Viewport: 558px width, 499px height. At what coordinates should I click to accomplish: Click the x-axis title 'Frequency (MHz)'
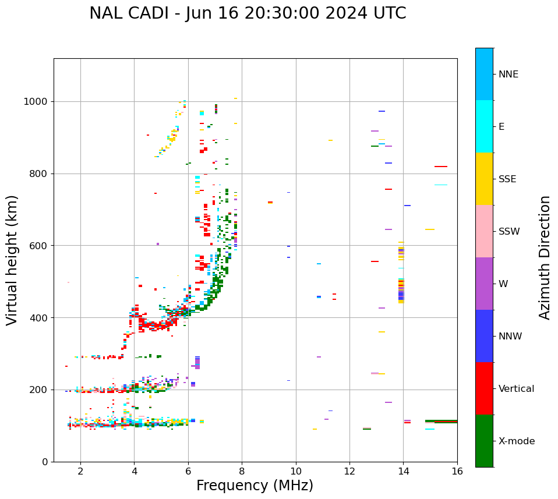coord(255,486)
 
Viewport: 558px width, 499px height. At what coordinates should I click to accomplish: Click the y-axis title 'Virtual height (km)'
coord(12,260)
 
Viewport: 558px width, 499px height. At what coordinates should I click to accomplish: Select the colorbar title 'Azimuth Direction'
coord(545,257)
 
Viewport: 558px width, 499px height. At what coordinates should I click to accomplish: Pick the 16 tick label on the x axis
coord(457,471)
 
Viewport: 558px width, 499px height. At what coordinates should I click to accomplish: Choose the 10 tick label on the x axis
coord(296,471)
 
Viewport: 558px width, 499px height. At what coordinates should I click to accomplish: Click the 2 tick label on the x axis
coord(80,471)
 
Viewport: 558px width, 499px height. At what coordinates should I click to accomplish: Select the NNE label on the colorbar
coord(508,75)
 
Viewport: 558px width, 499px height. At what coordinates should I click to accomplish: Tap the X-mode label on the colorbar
coord(516,441)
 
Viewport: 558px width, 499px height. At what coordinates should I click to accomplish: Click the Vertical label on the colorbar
coord(516,389)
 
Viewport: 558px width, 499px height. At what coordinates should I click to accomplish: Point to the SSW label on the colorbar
coord(509,232)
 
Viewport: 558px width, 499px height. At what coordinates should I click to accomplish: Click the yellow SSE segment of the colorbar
coord(484,179)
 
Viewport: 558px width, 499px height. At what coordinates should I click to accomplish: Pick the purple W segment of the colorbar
coord(484,284)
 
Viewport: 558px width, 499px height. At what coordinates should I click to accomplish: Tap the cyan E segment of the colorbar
coord(484,126)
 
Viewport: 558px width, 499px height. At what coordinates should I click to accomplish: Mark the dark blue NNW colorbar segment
coord(484,336)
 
